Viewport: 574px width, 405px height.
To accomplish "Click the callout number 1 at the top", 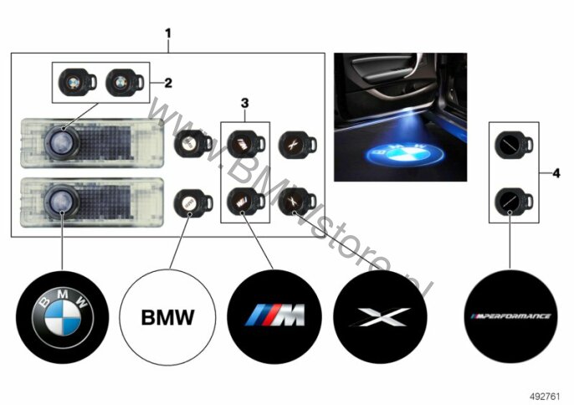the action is (x=168, y=33).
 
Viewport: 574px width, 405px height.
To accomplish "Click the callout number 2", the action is (x=168, y=83).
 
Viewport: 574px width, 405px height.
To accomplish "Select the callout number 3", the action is (x=245, y=103).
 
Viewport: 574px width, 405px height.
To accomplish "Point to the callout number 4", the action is (x=556, y=173).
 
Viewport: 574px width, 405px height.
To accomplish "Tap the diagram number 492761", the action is (x=545, y=396).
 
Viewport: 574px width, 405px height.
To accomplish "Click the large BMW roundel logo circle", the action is (x=63, y=317).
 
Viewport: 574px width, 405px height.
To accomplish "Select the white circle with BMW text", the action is (x=167, y=317).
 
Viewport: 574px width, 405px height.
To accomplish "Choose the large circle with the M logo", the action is (x=274, y=317).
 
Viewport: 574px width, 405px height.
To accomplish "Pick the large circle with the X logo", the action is (x=380, y=317).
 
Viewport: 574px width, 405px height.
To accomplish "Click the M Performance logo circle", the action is (x=510, y=316).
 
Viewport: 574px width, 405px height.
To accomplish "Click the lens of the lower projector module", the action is (x=62, y=201).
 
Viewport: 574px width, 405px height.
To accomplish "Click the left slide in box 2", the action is (x=78, y=82).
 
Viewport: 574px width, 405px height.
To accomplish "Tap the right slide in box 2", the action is (x=125, y=82).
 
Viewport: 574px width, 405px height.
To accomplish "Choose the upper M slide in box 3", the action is (x=246, y=144).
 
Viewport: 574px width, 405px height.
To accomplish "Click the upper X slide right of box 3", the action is (x=297, y=144).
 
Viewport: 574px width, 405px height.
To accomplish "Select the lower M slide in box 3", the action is (x=246, y=202).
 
